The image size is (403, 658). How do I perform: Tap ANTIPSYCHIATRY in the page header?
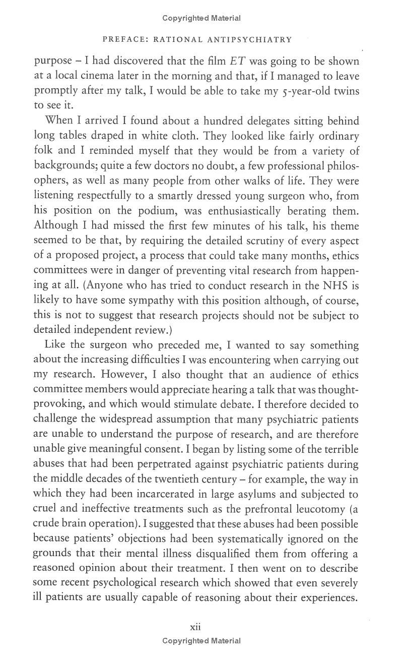tap(252, 39)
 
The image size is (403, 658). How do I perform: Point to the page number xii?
tap(195, 627)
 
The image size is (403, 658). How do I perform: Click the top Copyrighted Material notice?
tap(201, 18)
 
